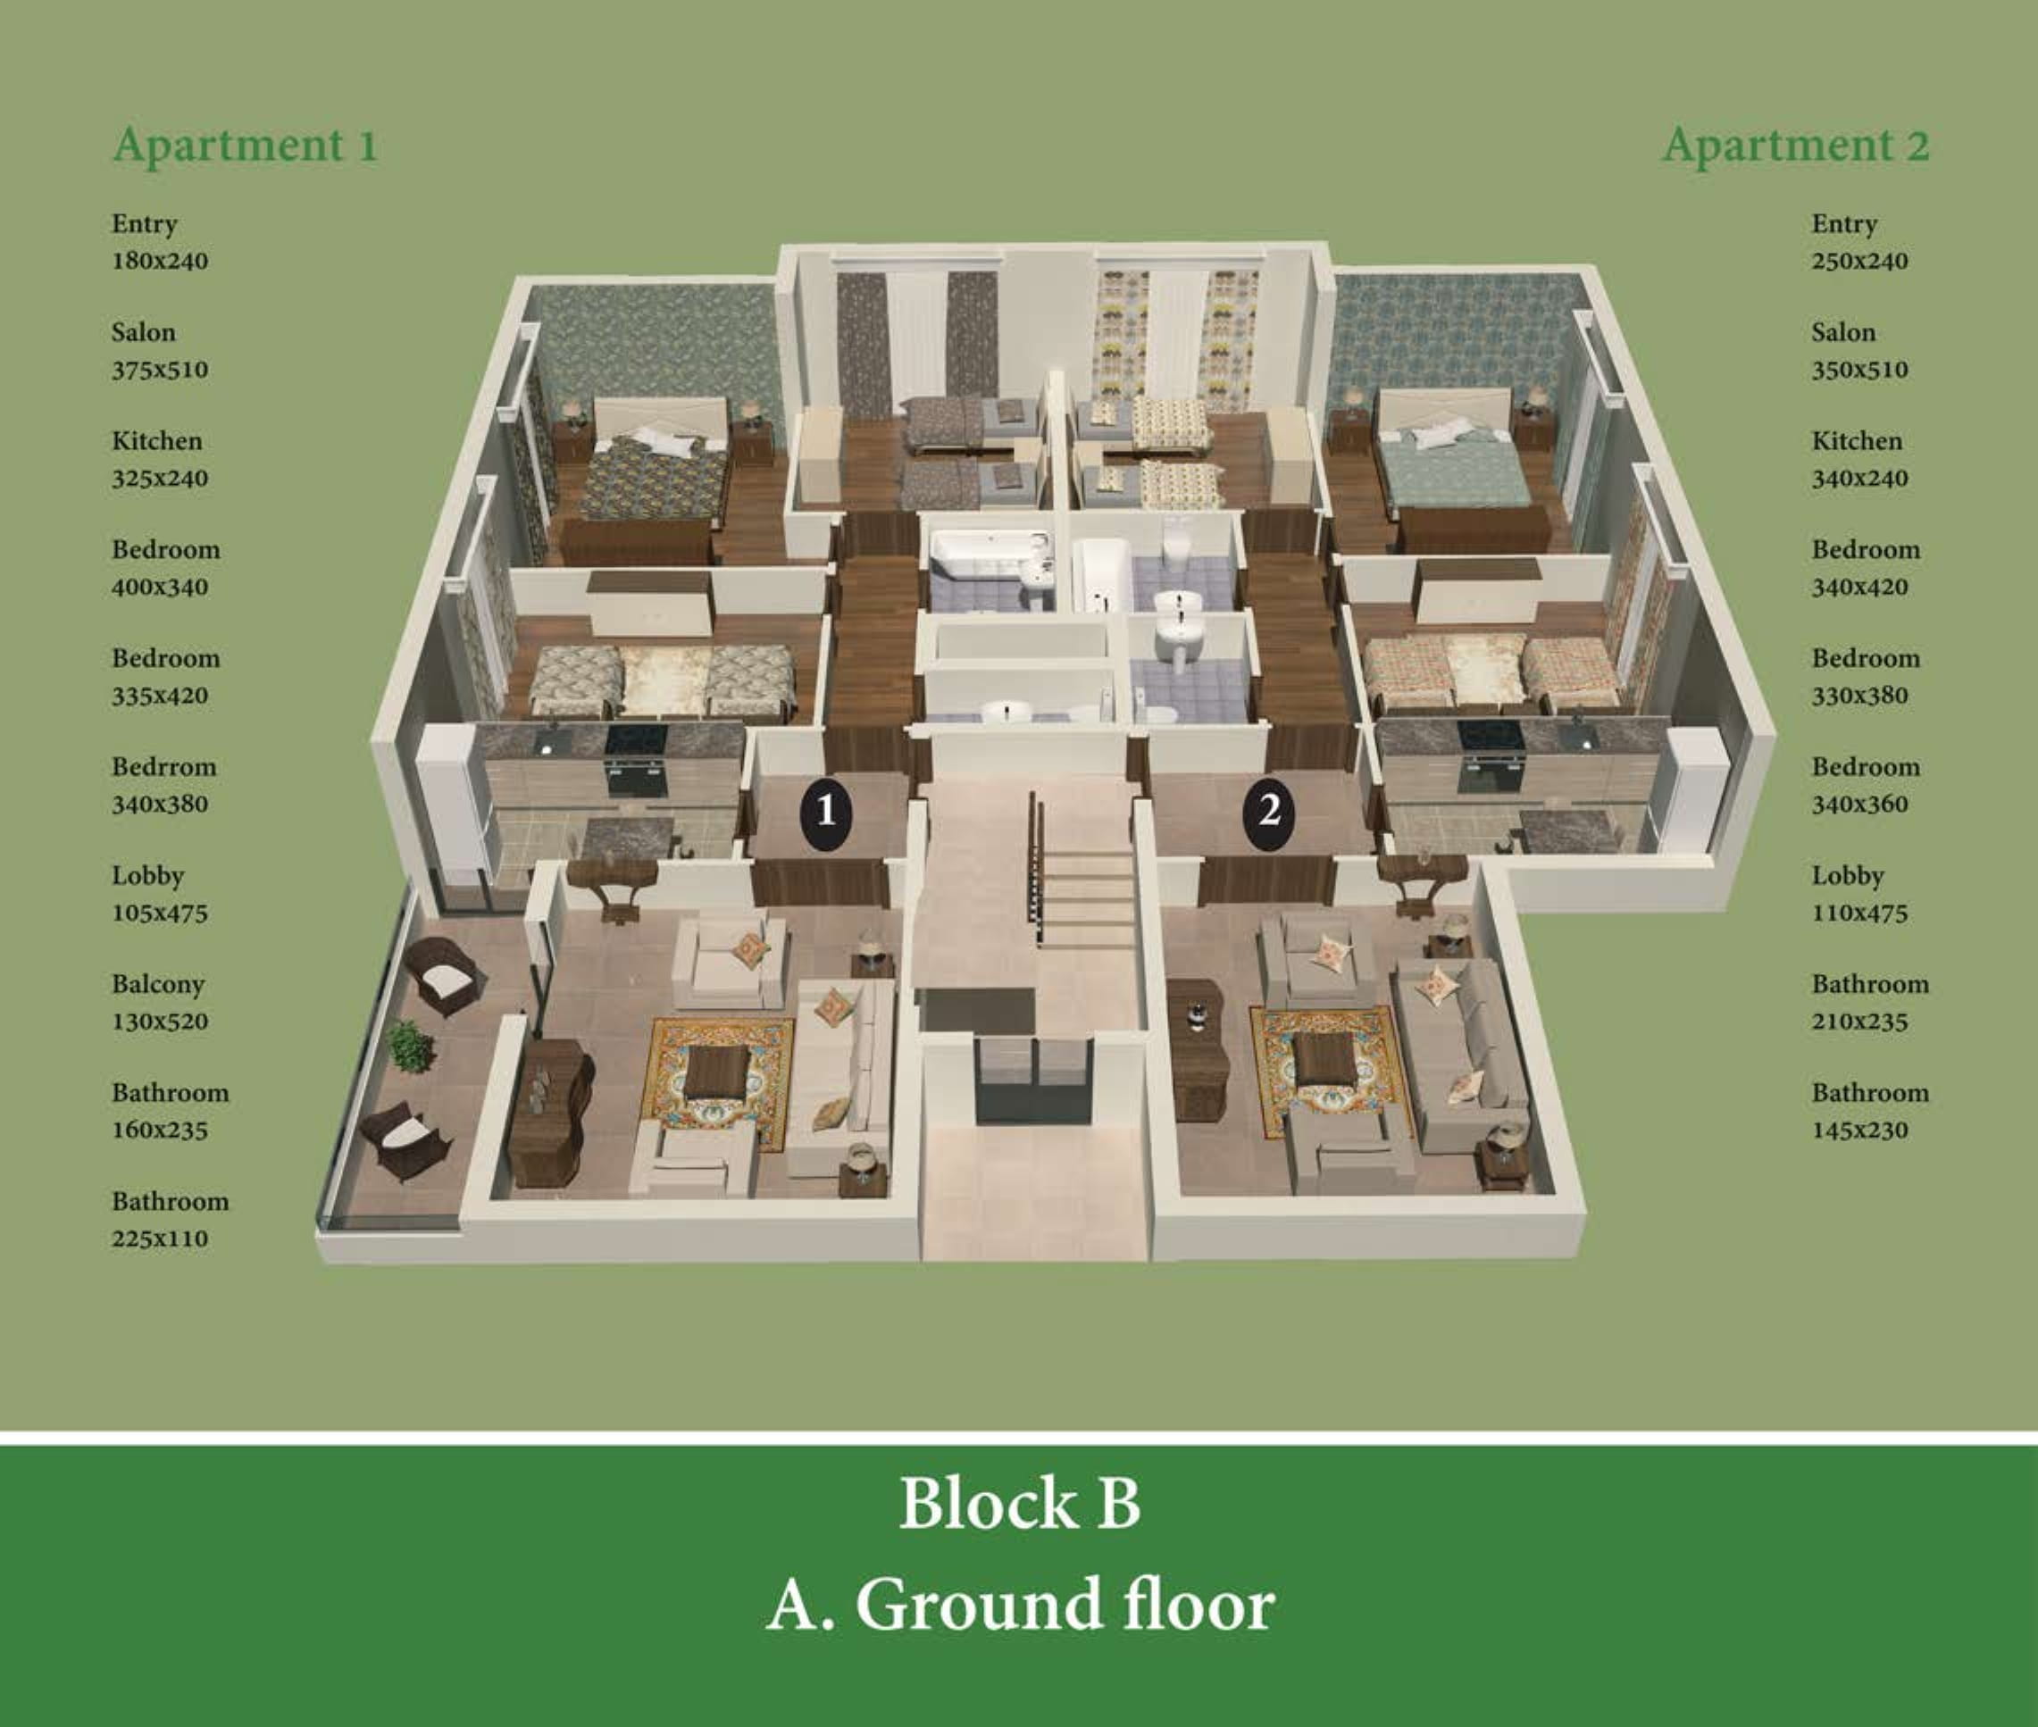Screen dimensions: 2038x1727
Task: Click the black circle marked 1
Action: [825, 812]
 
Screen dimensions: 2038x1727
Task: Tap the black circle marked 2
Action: [1268, 812]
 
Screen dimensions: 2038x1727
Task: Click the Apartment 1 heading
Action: [246, 146]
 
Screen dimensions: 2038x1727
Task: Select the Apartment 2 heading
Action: [1796, 146]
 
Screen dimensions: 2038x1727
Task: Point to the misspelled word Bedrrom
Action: [163, 766]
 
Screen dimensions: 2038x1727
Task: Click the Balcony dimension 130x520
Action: [160, 1022]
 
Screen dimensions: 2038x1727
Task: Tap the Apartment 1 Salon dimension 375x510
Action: [160, 370]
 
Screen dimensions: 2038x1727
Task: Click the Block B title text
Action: [1020, 1503]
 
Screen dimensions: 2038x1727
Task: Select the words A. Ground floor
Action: [1020, 1605]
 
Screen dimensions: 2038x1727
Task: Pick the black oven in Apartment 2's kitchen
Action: [1491, 756]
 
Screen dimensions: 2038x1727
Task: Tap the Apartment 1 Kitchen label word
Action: [156, 440]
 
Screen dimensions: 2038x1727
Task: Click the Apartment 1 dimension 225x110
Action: [160, 1239]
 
